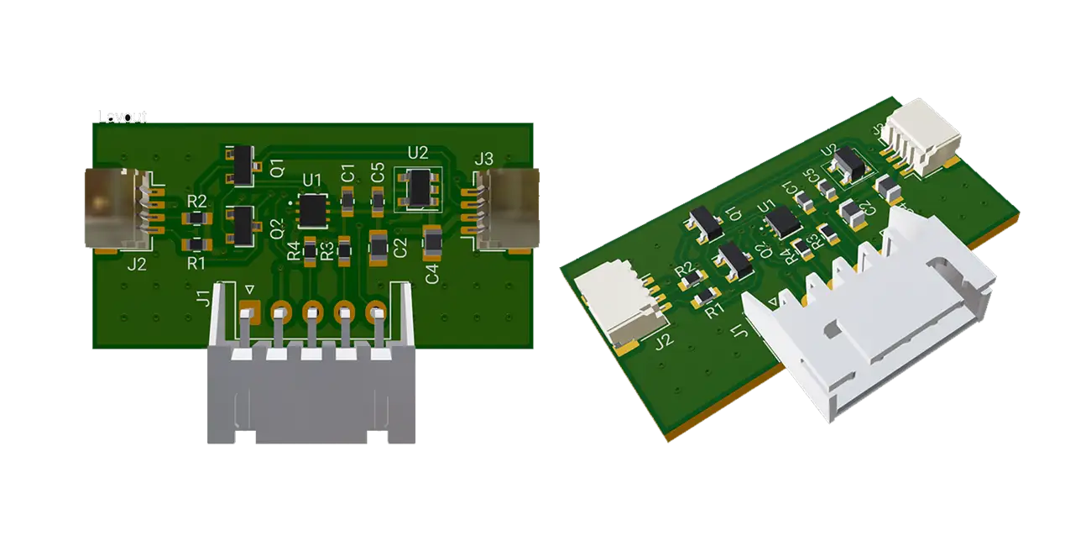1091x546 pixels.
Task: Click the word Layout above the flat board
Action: [x=123, y=116]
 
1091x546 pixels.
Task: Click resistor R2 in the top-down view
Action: [x=196, y=218]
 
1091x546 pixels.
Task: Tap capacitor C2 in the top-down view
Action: [x=378, y=246]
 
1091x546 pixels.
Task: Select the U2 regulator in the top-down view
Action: [x=416, y=189]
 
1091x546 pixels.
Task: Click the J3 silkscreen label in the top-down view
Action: [x=483, y=159]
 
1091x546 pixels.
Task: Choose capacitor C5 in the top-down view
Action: [x=378, y=200]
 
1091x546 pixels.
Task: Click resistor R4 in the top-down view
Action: [x=310, y=250]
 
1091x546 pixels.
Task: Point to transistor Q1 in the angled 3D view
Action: [x=705, y=223]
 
